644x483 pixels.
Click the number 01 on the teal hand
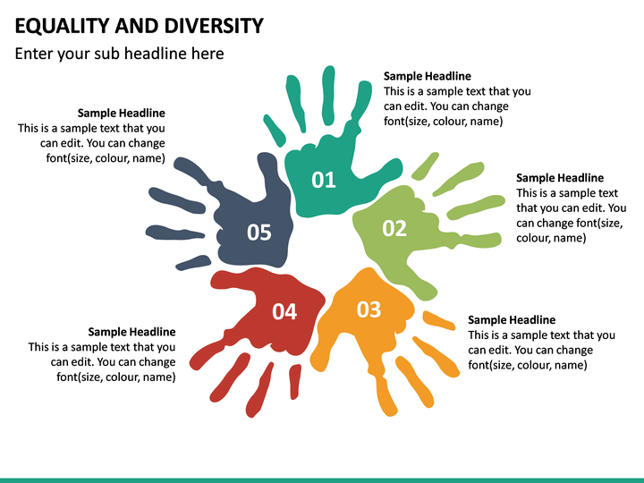click(324, 180)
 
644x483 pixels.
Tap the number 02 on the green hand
click(394, 228)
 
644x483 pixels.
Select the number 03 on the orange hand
click(369, 309)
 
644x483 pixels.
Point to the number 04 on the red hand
click(284, 311)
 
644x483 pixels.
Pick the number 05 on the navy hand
click(258, 233)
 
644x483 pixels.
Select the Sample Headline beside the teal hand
click(427, 76)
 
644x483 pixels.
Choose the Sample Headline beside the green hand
click(560, 178)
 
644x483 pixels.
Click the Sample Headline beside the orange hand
click(512, 319)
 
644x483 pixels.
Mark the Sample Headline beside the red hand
click(131, 332)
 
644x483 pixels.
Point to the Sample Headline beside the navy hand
click(121, 113)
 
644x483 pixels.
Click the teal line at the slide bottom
click(322, 479)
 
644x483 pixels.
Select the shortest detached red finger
click(295, 381)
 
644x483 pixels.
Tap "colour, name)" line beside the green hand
click(551, 238)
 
